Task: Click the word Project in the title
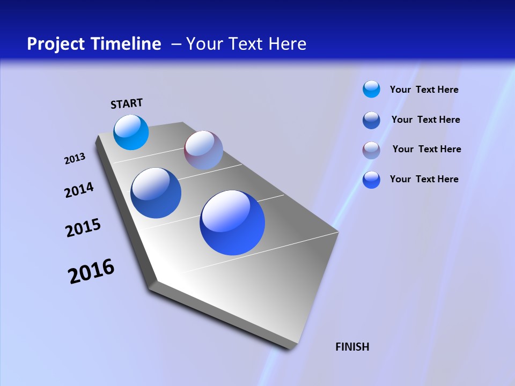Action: tap(55, 44)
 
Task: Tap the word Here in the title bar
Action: tap(287, 44)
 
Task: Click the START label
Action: tap(127, 103)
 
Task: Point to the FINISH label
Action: tap(352, 347)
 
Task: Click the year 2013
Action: tap(75, 159)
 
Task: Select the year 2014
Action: tap(79, 190)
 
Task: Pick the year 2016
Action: tap(91, 271)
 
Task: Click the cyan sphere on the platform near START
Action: tap(131, 132)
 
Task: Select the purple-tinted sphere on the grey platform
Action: tap(203, 150)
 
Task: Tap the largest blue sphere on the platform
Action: tap(232, 222)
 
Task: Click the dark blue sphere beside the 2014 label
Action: tap(156, 193)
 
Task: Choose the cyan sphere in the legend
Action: tap(371, 89)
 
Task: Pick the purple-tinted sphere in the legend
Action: tap(371, 150)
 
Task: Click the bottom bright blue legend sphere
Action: tap(371, 180)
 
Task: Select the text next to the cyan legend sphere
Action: tap(424, 90)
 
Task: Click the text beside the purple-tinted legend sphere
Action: tap(426, 149)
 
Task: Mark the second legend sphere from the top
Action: tap(371, 120)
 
